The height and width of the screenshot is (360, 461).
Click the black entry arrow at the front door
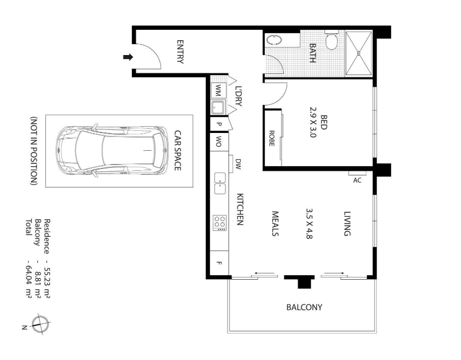click(128, 57)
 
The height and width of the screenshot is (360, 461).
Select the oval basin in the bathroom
click(274, 40)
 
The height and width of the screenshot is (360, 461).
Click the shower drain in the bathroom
click(358, 53)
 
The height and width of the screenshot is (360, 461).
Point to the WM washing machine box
click(218, 90)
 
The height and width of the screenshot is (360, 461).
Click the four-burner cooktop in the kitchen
click(220, 223)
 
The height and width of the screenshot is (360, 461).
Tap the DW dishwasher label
click(238, 164)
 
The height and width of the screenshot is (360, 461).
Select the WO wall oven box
click(219, 142)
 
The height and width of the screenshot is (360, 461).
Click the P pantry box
click(219, 124)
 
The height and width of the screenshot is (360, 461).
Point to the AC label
click(357, 180)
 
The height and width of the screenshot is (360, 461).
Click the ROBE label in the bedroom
click(272, 138)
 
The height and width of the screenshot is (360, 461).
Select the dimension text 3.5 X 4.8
click(309, 224)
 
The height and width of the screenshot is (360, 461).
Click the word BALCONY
click(304, 307)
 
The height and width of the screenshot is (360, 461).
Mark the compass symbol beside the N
click(40, 324)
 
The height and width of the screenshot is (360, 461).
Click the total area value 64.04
click(29, 276)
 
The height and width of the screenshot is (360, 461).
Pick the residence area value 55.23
click(47, 277)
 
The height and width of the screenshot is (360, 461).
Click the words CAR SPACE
click(178, 150)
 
